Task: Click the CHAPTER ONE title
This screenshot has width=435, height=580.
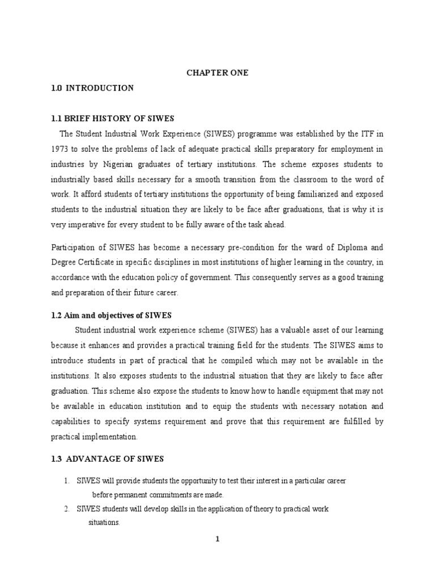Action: (217, 73)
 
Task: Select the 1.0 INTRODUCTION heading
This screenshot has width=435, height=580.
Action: (92, 88)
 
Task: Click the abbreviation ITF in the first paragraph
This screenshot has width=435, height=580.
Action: (369, 133)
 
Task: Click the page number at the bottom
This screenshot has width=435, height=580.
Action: (217, 539)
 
